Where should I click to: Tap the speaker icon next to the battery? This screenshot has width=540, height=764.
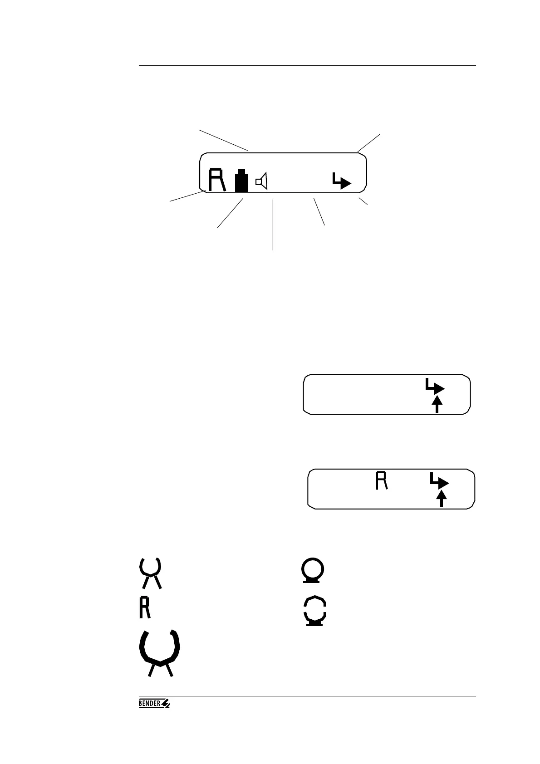tap(262, 181)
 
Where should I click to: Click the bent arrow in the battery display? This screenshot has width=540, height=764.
tap(341, 181)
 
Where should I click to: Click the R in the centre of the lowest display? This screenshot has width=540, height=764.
tap(382, 481)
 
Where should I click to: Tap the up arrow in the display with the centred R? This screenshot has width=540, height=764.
tap(441, 499)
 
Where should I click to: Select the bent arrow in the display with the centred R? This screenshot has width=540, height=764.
tap(439, 481)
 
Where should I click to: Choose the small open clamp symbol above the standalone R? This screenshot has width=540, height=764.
tap(150, 573)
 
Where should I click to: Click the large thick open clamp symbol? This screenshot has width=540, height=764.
tap(160, 652)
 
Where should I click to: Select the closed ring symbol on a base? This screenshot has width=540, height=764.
tap(313, 570)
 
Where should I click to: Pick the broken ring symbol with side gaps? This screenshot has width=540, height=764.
tap(314, 611)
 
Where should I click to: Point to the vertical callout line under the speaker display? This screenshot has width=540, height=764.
tap(273, 225)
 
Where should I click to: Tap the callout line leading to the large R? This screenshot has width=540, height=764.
tap(187, 196)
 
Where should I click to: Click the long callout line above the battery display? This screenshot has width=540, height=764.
tap(223, 140)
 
